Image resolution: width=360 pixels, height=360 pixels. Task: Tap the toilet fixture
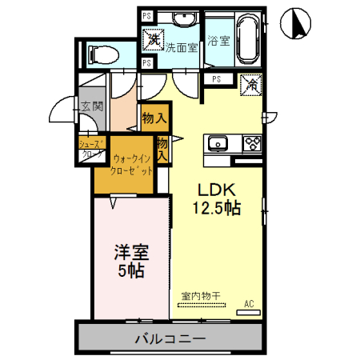102,55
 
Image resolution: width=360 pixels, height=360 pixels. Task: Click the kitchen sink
218,144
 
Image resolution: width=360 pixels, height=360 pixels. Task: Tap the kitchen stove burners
252,144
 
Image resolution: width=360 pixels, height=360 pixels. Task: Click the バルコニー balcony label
170,337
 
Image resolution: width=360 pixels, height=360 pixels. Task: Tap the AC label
249,304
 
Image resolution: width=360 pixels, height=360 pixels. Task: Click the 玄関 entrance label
91,106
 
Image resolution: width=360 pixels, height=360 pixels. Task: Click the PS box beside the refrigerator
217,78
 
